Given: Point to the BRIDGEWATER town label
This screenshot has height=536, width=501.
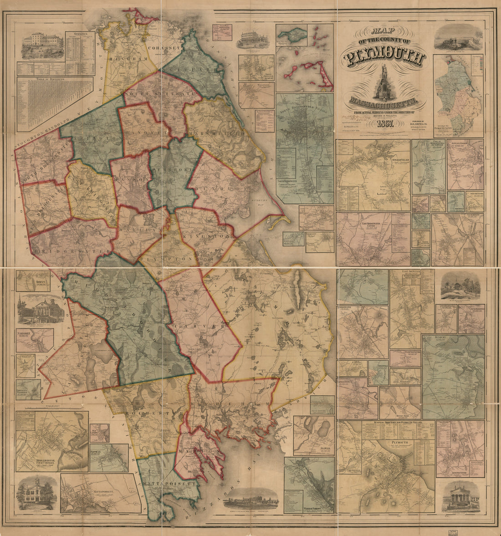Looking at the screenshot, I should pyautogui.click(x=72, y=251).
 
